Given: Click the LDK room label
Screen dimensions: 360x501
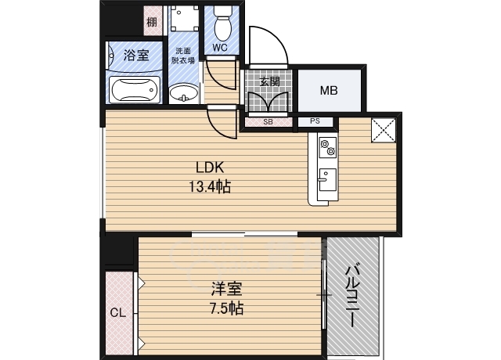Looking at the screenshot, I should [x=210, y=167].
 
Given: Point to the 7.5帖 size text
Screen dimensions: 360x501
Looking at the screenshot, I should [x=225, y=308].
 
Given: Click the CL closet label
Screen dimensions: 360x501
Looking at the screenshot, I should [x=117, y=313].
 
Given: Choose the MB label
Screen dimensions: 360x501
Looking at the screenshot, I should [x=329, y=90].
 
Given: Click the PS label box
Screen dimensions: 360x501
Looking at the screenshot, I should [x=315, y=121].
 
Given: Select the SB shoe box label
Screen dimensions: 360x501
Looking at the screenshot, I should [x=267, y=122].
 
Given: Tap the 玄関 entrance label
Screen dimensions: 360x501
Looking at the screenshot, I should [x=269, y=81].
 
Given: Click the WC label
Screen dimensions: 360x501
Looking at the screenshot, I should [x=220, y=48].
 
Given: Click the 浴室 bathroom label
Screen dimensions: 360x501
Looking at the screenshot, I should [x=137, y=56].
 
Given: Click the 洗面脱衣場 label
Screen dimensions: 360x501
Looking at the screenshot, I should [x=184, y=56].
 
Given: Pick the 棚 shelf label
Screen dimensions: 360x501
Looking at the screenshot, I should [x=152, y=22].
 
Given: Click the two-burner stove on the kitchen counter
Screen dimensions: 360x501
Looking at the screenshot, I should [x=326, y=147].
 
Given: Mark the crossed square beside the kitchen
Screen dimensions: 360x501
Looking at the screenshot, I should [x=383, y=131].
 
